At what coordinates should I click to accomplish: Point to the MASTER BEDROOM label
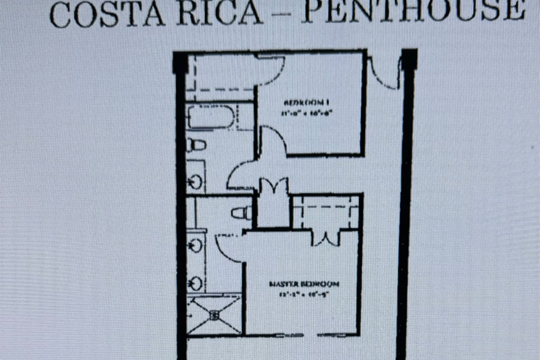coord(304,284)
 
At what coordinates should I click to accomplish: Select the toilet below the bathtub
coord(197,145)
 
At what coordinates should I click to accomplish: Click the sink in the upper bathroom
coord(196,182)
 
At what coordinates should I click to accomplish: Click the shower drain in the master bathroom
coord(215,315)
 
